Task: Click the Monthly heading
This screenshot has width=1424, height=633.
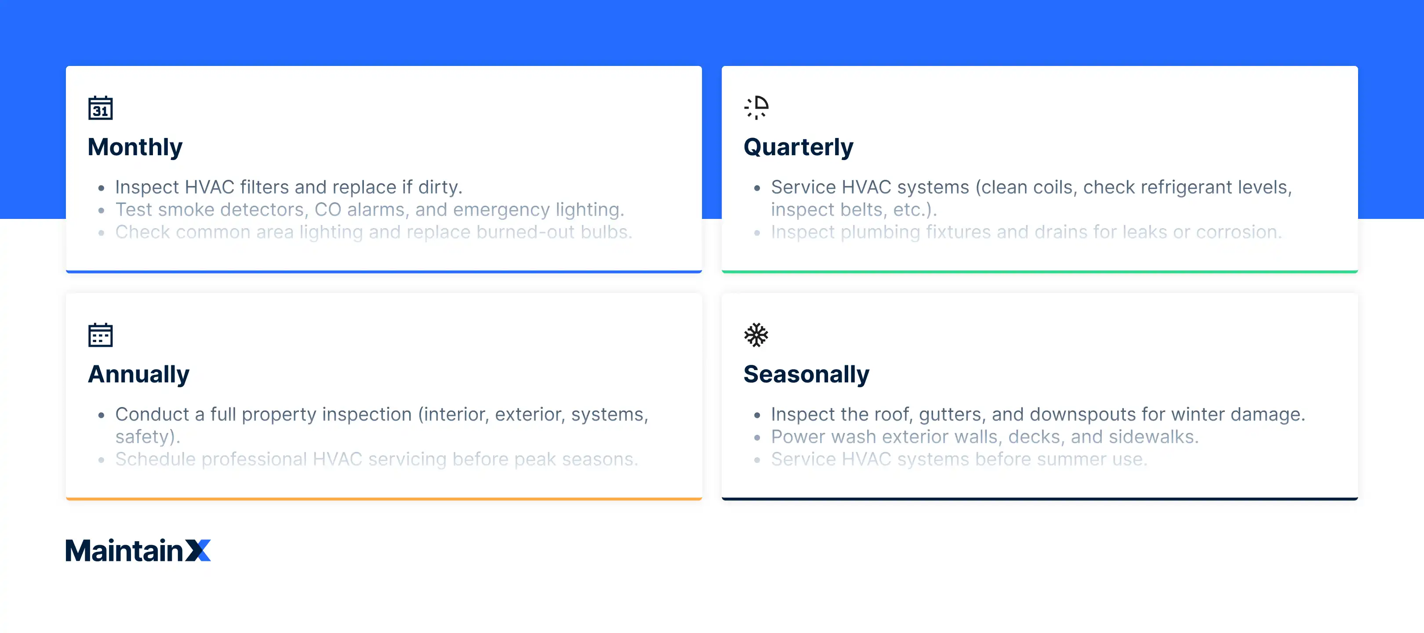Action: (135, 147)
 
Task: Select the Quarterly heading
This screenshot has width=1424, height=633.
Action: (798, 147)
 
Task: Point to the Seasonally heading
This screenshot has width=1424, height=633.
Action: (806, 374)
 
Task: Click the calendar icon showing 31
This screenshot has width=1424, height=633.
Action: (100, 108)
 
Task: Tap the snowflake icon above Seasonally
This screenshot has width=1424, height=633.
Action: (756, 335)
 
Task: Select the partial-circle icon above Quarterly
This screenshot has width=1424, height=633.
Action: (756, 108)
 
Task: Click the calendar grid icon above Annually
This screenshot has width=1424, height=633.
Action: (100, 335)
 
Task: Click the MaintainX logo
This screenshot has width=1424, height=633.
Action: (138, 551)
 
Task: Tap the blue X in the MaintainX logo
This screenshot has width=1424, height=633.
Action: (198, 551)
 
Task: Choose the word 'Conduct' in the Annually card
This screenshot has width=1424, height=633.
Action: (152, 415)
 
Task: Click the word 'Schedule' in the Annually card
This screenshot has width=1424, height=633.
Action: (155, 459)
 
